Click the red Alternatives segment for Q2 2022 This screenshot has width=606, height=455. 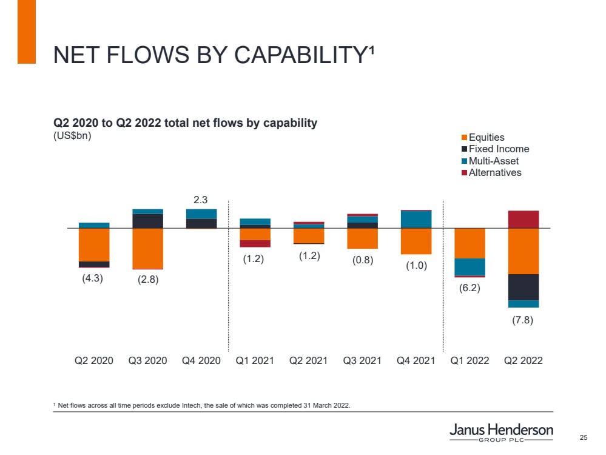[524, 220]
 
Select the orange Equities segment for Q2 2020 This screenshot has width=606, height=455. [94, 244]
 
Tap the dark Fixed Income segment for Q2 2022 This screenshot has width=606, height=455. [524, 287]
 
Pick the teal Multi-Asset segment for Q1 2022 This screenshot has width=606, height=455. [470, 267]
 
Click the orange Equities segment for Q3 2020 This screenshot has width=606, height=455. [147, 248]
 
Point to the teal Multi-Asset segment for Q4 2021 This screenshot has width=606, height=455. [416, 219]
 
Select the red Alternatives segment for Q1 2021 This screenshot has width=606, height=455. [255, 243]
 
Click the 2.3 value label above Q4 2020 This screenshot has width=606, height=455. [201, 199]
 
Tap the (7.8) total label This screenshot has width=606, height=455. [523, 320]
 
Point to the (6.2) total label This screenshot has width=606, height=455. [470, 288]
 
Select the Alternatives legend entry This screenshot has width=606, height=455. [495, 172]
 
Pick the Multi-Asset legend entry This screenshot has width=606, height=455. [494, 161]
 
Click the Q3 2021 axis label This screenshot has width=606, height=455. [362, 360]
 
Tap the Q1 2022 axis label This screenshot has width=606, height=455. [470, 360]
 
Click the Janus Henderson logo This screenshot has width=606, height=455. [501, 433]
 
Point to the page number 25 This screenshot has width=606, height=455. [584, 438]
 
